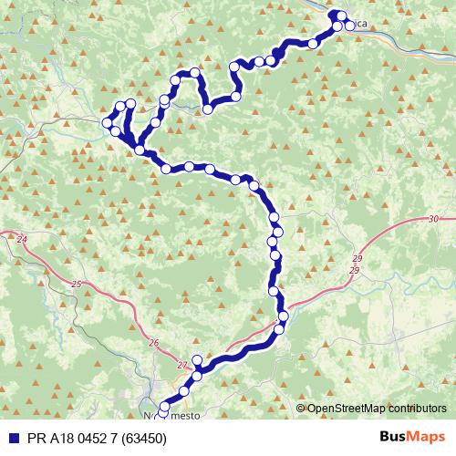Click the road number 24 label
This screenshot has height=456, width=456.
[22, 239]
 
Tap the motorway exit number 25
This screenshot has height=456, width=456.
[77, 285]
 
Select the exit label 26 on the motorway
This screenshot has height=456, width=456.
[152, 343]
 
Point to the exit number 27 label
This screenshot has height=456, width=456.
[181, 362]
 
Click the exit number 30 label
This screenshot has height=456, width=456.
[433, 219]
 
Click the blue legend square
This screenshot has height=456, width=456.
[9, 437]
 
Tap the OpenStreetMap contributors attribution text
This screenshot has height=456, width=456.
[376, 409]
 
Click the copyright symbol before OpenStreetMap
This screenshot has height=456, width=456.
[300, 409]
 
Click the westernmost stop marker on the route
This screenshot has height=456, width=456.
[108, 122]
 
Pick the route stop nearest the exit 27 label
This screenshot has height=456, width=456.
[195, 362]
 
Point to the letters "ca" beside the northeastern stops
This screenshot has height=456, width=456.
[361, 26]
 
